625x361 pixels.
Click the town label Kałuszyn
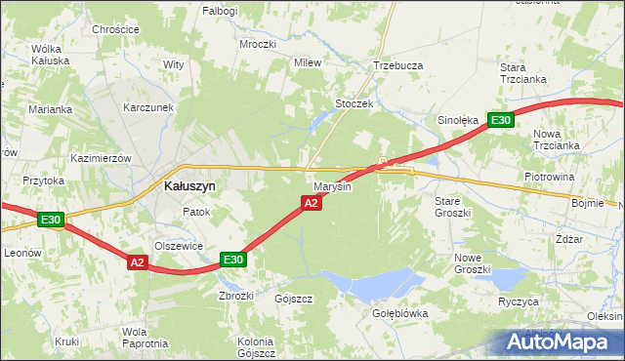[x=189, y=184]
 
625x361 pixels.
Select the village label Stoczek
[x=355, y=103]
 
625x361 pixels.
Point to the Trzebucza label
[x=397, y=65]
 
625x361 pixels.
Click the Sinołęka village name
[x=457, y=121]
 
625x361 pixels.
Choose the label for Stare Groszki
[x=452, y=206]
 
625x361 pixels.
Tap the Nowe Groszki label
[x=472, y=262]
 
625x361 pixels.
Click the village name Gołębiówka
[x=400, y=313]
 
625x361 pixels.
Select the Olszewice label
[x=179, y=247]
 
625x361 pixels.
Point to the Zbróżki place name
[x=236, y=295]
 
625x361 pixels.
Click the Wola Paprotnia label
[x=145, y=338]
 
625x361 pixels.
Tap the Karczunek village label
[x=148, y=107]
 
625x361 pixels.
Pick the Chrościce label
[x=114, y=30]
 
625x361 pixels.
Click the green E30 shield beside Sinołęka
[x=500, y=120]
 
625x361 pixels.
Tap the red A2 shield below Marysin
[x=311, y=203]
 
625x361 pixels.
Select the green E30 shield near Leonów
[x=52, y=221]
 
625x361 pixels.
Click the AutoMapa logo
[x=562, y=342]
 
